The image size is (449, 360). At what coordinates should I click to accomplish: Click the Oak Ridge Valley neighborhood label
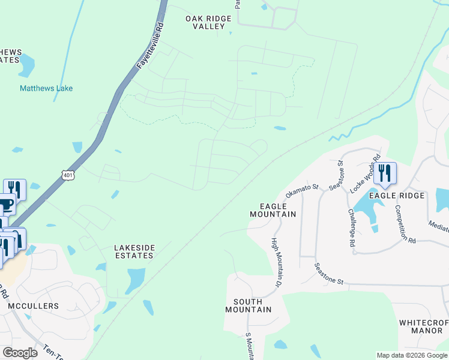[208, 23]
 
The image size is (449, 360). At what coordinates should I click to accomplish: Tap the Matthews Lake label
[46, 88]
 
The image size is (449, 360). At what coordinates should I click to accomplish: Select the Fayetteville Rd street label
[151, 47]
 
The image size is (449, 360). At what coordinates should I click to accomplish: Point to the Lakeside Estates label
[134, 251]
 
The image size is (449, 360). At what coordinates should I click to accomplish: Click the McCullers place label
[34, 306]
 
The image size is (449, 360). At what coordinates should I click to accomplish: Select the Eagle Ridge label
[397, 196]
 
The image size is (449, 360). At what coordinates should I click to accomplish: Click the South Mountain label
[248, 305]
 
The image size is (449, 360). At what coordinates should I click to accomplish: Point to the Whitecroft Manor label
[424, 326]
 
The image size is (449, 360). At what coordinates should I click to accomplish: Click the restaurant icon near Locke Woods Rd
[385, 172]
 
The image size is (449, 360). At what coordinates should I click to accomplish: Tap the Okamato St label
[301, 191]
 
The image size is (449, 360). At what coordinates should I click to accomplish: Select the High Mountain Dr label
[277, 262]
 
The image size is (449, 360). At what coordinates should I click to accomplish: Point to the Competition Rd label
[405, 224]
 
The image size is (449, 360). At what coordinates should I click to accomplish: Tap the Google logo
[20, 353]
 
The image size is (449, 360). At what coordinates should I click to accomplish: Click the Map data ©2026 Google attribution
[412, 355]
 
